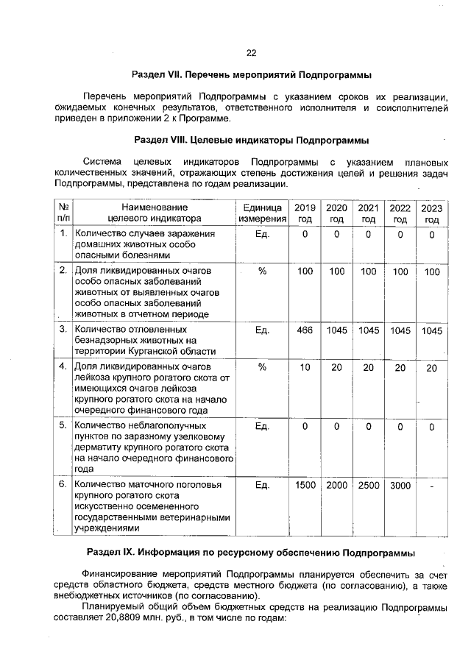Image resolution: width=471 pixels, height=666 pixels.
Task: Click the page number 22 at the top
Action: [x=251, y=53]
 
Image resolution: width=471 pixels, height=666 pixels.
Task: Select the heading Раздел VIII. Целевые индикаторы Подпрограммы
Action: [x=251, y=140]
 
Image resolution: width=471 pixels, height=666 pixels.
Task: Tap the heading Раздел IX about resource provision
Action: [x=251, y=552]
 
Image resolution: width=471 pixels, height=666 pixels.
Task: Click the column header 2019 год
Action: [x=305, y=213]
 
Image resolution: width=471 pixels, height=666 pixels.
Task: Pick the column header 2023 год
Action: [x=432, y=213]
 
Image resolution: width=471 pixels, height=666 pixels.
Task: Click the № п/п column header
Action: [x=63, y=213]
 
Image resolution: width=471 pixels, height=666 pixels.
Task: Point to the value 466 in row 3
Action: [x=305, y=330]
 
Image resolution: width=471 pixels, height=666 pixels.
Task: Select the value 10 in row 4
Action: [x=305, y=367]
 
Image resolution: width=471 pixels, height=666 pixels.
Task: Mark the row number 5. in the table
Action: [x=63, y=425]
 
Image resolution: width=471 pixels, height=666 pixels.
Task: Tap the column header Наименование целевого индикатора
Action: [x=155, y=213]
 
